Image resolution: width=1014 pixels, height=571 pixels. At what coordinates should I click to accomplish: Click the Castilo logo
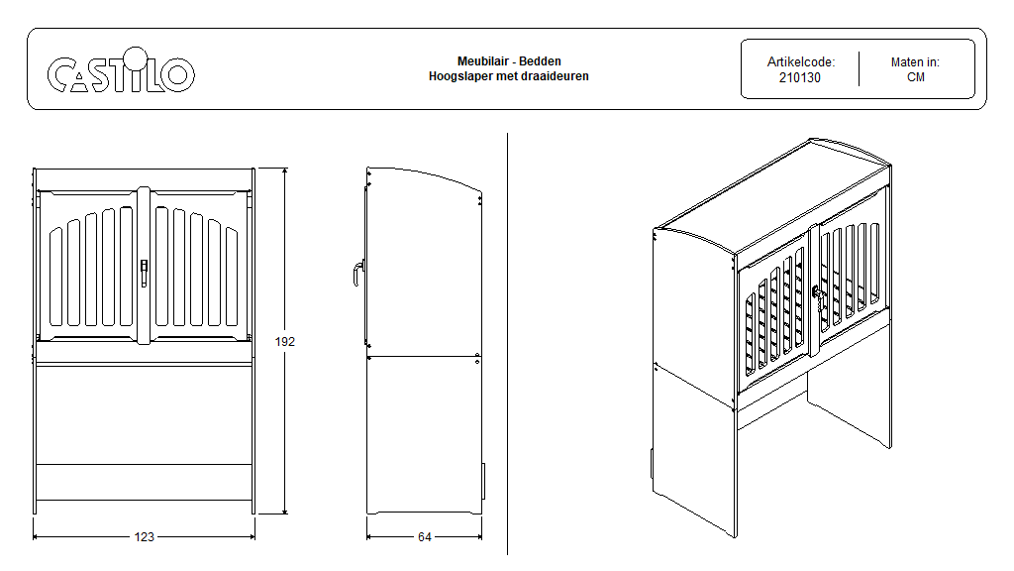(121, 74)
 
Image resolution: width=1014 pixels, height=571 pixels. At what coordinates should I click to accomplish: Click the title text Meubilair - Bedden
(509, 61)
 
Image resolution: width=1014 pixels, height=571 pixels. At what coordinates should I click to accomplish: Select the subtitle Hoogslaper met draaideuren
(509, 75)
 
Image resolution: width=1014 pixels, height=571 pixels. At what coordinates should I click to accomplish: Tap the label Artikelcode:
(800, 61)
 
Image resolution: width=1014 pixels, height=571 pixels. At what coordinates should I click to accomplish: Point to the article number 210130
(800, 77)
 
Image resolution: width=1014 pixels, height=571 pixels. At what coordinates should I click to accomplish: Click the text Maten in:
(915, 61)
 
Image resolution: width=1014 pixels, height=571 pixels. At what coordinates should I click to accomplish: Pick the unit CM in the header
(915, 77)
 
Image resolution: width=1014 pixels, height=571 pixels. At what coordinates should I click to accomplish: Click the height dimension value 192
(285, 341)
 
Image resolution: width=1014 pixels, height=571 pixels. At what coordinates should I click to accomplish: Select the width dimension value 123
(145, 537)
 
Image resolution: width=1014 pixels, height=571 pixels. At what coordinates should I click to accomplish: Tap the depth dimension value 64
(424, 537)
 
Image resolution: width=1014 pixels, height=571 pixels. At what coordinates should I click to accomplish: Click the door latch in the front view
(145, 270)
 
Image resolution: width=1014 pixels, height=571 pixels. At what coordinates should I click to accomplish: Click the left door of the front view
(90, 268)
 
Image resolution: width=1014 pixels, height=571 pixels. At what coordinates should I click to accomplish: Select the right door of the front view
(198, 268)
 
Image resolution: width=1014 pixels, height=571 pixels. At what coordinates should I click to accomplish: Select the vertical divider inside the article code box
(859, 69)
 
